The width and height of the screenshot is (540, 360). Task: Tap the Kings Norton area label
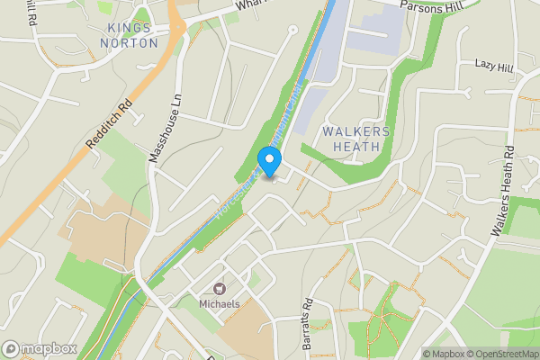click(129, 35)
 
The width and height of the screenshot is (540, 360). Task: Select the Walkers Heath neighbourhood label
click(356, 139)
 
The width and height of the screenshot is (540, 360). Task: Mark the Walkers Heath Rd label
click(502, 191)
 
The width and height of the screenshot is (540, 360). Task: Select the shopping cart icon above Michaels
click(218, 289)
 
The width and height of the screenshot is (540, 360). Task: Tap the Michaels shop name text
click(219, 304)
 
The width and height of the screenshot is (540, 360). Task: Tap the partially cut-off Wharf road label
click(247, 5)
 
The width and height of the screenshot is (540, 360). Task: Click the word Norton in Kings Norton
click(129, 42)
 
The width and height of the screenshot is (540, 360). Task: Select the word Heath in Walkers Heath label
click(356, 147)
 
